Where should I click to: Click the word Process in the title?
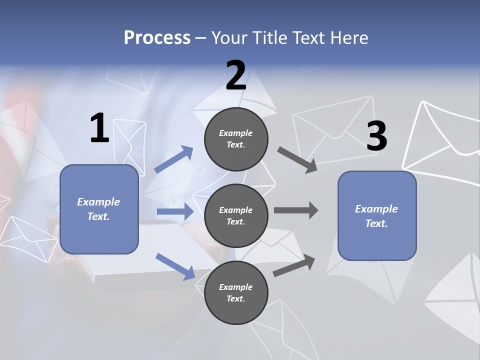click(x=157, y=38)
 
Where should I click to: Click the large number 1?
click(x=99, y=128)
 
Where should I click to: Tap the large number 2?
click(x=236, y=75)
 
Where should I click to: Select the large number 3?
click(x=376, y=136)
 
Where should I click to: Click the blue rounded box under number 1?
click(x=99, y=209)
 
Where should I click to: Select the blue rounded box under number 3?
click(x=377, y=216)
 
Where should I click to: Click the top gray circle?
click(x=236, y=139)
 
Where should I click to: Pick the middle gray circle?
click(x=236, y=216)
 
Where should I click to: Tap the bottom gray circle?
click(x=236, y=292)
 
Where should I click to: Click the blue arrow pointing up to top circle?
click(x=173, y=159)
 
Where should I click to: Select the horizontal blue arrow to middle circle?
click(x=175, y=211)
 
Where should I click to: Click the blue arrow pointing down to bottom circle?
click(x=175, y=266)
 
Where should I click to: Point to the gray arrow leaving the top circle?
click(x=297, y=160)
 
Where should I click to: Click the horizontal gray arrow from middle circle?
click(x=295, y=210)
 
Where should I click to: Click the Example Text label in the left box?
click(x=98, y=209)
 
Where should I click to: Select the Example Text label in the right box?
click(x=376, y=216)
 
